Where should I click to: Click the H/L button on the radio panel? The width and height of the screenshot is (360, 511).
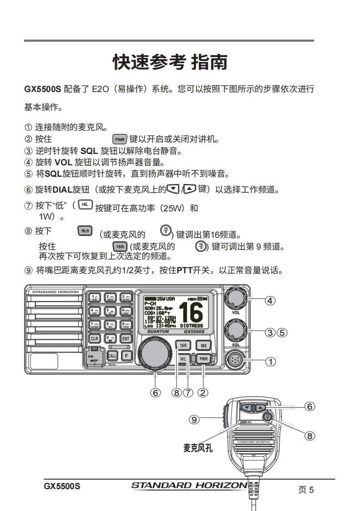coord(183,359)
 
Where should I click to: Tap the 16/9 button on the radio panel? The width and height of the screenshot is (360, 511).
coord(183,345)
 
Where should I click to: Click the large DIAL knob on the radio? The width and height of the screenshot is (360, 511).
coord(155,353)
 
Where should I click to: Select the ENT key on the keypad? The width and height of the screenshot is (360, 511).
coord(126,338)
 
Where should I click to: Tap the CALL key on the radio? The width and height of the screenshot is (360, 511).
coord(112,356)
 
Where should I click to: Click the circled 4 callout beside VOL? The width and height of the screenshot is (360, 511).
coord(270,300)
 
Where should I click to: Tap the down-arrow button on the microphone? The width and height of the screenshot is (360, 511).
coord(247,408)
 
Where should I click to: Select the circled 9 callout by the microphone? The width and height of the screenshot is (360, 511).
coord(194,419)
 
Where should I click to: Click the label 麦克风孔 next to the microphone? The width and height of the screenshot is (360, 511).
coord(198,448)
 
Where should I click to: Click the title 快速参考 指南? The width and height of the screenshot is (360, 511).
coord(170,62)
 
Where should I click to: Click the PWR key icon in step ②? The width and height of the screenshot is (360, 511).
coord(119,139)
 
